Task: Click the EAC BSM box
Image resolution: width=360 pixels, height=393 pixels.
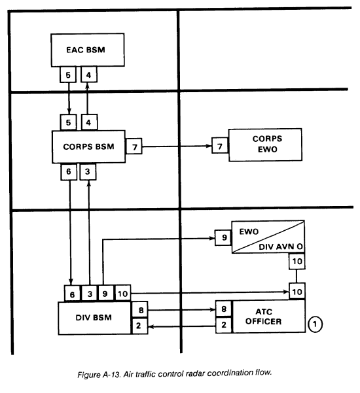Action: point(88,50)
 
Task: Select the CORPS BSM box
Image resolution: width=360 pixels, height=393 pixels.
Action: point(88,146)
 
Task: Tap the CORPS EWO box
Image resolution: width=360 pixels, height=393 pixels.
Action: point(265,145)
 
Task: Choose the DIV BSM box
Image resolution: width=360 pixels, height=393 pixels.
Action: point(94,318)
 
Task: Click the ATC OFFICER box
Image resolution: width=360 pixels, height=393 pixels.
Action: point(268,316)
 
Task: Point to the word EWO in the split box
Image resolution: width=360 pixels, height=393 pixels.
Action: point(249,231)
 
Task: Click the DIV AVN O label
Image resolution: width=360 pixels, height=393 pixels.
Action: point(281,247)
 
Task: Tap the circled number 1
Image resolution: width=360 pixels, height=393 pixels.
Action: point(315,324)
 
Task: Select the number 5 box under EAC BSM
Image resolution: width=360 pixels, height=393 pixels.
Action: point(68,75)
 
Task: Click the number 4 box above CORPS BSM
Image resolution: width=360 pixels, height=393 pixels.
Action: point(89,122)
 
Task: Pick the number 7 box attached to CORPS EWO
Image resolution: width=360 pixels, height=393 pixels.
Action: point(220,145)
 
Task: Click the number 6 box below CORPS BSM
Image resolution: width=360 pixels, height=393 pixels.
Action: point(69,172)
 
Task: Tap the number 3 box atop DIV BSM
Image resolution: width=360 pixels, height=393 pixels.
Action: point(90,294)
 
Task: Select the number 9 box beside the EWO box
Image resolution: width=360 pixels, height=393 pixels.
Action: point(223,237)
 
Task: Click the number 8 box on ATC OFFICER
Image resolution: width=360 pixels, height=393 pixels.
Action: point(224,309)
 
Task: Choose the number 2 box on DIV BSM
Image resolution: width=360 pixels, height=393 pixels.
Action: point(139,326)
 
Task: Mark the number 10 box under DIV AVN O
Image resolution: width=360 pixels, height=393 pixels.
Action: point(297,262)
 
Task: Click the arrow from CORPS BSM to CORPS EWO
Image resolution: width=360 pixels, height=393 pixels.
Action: point(177,146)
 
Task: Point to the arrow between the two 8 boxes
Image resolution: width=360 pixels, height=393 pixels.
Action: point(181,310)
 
